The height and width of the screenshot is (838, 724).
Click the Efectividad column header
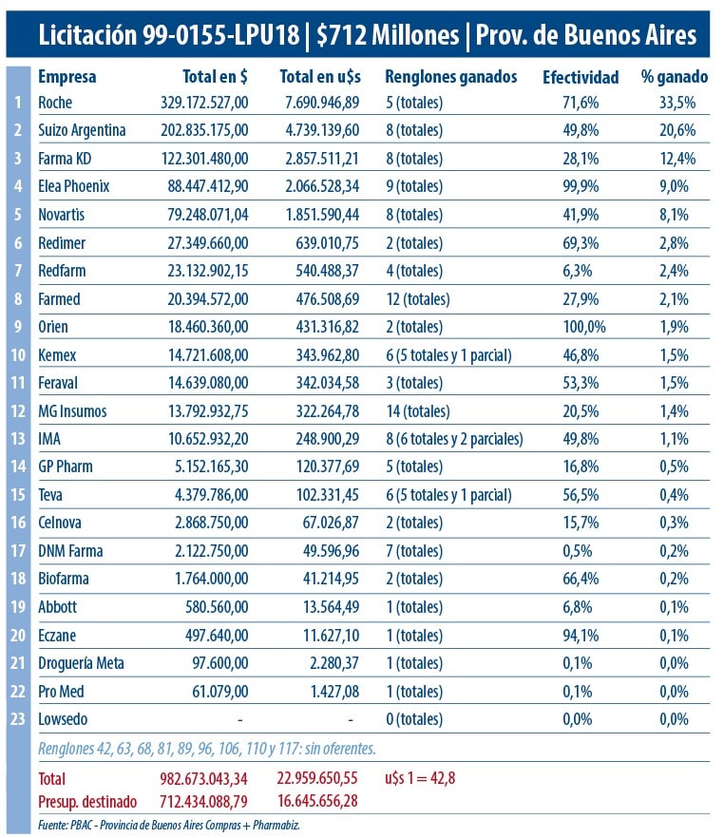point(580,77)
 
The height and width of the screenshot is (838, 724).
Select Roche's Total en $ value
point(204,102)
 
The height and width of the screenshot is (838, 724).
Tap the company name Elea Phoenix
point(74,186)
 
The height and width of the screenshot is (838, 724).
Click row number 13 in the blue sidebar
point(18,439)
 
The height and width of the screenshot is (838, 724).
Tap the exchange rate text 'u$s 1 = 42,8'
point(422,778)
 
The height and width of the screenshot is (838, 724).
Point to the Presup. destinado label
point(87,801)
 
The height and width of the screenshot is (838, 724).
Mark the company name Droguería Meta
point(81,664)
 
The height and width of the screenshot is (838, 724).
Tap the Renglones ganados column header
point(451,77)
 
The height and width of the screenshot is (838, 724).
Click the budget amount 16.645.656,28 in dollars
point(320,801)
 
